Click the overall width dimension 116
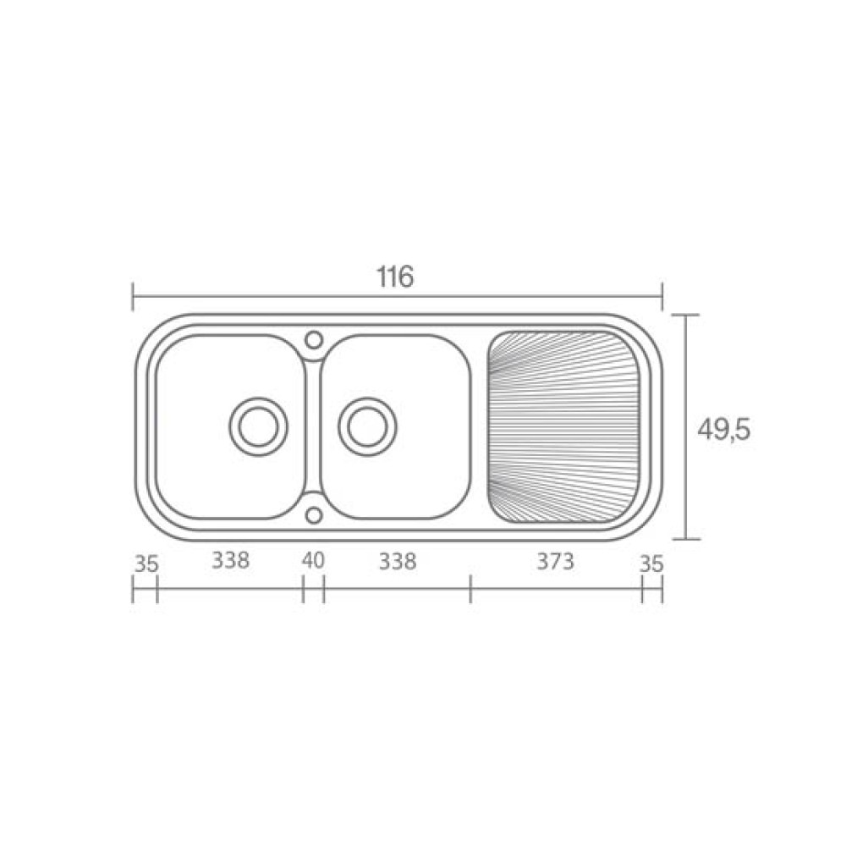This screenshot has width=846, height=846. tap(395, 277)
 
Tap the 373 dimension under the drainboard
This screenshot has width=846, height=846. tap(555, 562)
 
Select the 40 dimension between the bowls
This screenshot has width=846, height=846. tap(314, 561)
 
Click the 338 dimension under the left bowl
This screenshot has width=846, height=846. tap(230, 561)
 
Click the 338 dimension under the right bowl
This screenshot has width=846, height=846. tap(398, 562)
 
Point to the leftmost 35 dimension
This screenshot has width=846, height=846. tap(146, 564)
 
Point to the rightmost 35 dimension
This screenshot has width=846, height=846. tap(651, 564)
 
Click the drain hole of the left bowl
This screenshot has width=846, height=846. tap(258, 426)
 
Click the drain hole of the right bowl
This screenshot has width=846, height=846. tap(367, 426)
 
